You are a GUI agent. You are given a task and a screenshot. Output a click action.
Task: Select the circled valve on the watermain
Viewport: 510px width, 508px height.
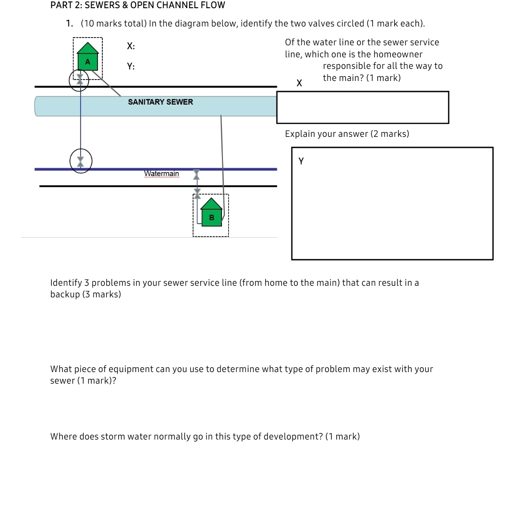tap(81, 161)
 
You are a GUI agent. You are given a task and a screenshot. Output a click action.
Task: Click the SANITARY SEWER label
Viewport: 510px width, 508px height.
tap(160, 102)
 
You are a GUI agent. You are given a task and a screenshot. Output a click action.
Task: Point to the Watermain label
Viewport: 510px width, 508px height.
tap(161, 174)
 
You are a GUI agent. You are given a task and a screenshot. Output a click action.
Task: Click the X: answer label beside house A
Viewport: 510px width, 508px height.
tap(131, 46)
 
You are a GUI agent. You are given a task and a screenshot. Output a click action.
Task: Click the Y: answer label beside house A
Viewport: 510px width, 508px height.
tap(131, 67)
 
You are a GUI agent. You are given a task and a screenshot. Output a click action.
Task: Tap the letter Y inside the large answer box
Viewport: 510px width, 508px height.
tap(302, 161)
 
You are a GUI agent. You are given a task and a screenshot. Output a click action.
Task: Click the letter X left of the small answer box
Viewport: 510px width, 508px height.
tap(299, 83)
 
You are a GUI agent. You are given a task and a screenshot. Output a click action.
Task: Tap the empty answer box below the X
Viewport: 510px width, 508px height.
tap(362, 107)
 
